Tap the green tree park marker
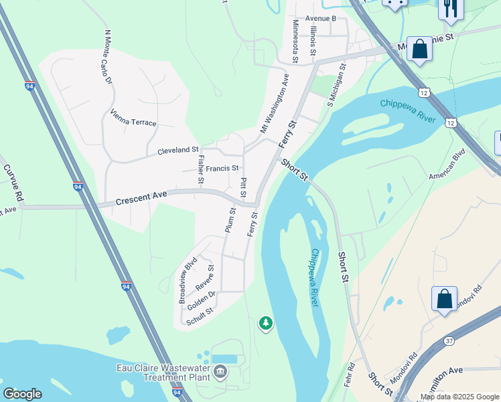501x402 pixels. point(266,324)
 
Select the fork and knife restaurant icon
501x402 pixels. point(450,7)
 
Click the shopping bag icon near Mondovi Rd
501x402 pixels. point(444,299)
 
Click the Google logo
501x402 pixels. point(22,394)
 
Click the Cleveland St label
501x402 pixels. point(177,151)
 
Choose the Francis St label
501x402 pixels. point(222,168)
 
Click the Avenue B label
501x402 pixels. point(320,18)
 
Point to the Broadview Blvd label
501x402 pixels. point(186,279)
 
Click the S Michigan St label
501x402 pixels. point(337,85)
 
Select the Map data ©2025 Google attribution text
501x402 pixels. point(458,397)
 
